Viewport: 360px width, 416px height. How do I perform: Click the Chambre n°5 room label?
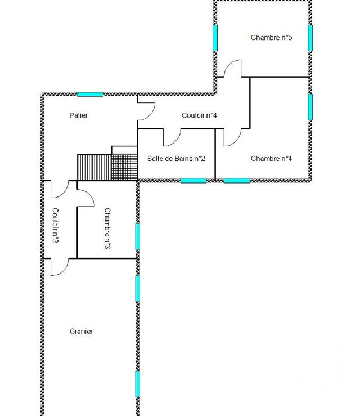coord(271,38)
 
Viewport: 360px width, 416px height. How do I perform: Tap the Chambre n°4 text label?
coord(271,159)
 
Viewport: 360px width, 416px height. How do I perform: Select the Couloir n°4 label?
coord(199,115)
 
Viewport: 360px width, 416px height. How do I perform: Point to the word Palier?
coord(79,115)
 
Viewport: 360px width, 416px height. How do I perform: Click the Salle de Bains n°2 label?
coord(176,159)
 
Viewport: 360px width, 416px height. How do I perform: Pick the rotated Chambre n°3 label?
coord(107,229)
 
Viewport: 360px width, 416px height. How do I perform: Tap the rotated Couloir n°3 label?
coord(56,225)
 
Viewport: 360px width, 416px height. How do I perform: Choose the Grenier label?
coord(82,332)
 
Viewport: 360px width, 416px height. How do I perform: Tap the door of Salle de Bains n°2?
coord(172,137)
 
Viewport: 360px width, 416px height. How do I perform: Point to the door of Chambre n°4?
coord(232,137)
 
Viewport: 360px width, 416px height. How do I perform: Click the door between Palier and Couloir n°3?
coord(59,190)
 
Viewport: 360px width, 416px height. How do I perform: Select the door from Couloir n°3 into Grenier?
coord(59,267)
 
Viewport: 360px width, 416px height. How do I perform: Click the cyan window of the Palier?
coord(90,94)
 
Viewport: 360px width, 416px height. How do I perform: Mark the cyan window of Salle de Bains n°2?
coord(193,180)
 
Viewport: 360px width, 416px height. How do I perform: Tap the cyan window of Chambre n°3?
coord(137,236)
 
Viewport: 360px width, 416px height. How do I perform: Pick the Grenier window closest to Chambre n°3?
coord(137,288)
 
